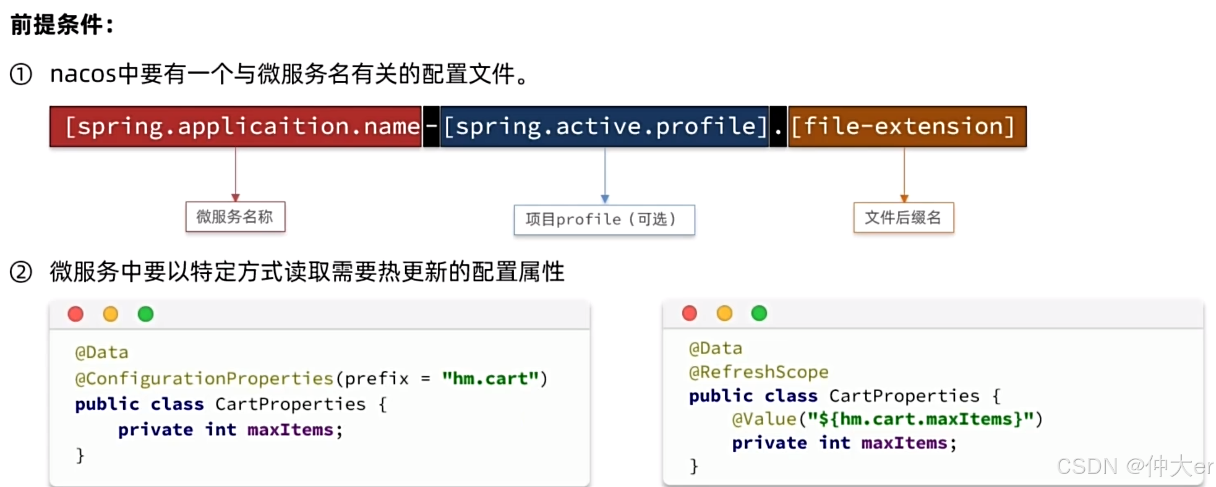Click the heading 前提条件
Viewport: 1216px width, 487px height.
[62, 25]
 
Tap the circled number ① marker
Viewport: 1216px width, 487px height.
[21, 75]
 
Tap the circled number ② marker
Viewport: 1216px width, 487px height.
[21, 272]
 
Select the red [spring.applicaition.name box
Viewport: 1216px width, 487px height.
[236, 127]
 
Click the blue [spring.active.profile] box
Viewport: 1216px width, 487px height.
[605, 127]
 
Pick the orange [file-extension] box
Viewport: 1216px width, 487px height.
[907, 127]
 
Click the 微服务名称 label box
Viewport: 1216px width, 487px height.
[235, 217]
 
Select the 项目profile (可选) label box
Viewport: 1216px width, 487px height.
[604, 220]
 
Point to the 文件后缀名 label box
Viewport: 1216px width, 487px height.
[903, 218]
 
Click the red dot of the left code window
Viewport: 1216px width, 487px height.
[75, 315]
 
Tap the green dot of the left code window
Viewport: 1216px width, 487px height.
[145, 315]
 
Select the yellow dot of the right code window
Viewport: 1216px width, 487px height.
[724, 313]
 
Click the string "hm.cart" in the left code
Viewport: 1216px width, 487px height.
[490, 378]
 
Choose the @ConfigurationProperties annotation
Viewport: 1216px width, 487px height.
[204, 378]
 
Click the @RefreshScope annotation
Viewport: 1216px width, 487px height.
[758, 372]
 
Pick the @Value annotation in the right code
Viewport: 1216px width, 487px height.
[764, 419]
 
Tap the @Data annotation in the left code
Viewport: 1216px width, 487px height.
[101, 353]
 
